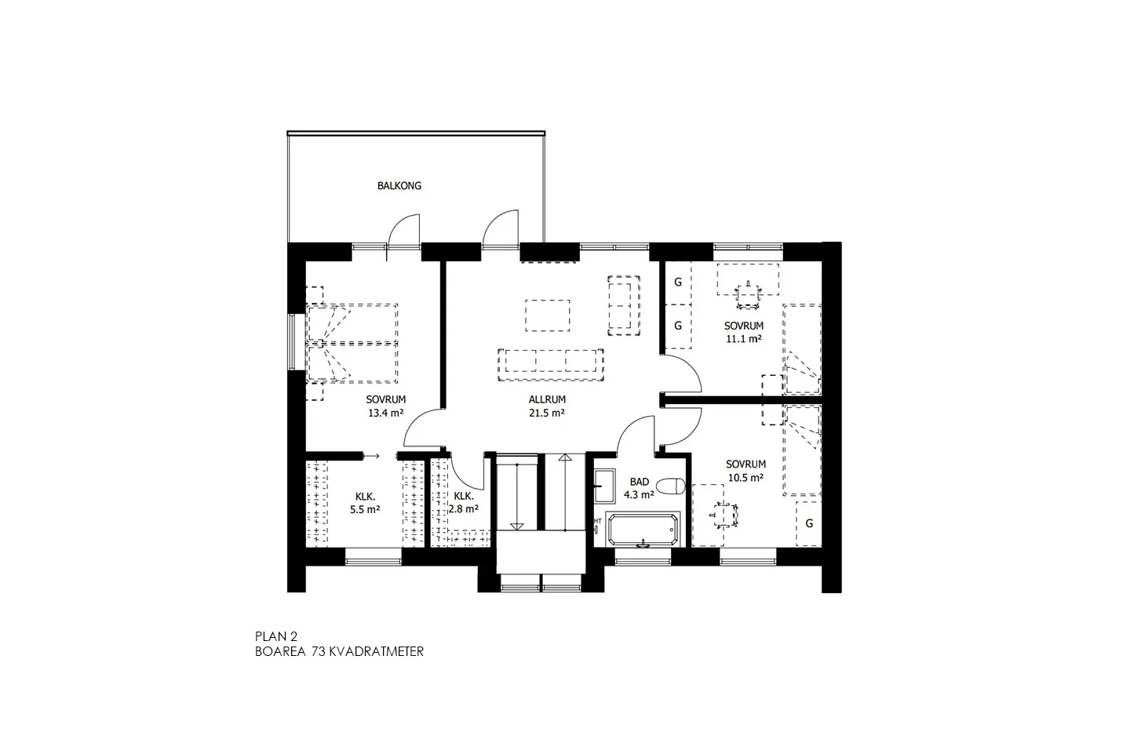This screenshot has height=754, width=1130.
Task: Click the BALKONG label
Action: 399,186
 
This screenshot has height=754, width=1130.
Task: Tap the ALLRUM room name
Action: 547,399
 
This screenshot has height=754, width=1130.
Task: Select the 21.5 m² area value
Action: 547,413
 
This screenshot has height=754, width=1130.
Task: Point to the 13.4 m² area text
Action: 386,413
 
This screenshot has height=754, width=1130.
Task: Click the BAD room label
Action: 639,483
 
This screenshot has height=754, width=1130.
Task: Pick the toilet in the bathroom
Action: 673,486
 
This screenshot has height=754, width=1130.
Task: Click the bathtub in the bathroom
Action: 642,530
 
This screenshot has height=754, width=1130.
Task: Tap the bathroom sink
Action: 604,486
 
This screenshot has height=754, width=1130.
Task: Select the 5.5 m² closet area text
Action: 365,509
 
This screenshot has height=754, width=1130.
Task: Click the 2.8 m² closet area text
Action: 463,509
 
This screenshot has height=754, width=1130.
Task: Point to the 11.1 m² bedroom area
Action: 744,339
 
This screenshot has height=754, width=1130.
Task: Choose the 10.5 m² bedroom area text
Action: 745,477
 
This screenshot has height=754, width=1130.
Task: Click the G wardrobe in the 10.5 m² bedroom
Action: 809,523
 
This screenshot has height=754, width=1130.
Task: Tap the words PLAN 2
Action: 276,636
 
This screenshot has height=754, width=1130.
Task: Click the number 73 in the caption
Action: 318,652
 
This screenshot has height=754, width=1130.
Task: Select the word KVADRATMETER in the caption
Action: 377,652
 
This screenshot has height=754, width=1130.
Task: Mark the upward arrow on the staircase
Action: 565,492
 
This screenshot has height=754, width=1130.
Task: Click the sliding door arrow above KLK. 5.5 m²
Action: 371,457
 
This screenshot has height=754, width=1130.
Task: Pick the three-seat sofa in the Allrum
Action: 550,365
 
